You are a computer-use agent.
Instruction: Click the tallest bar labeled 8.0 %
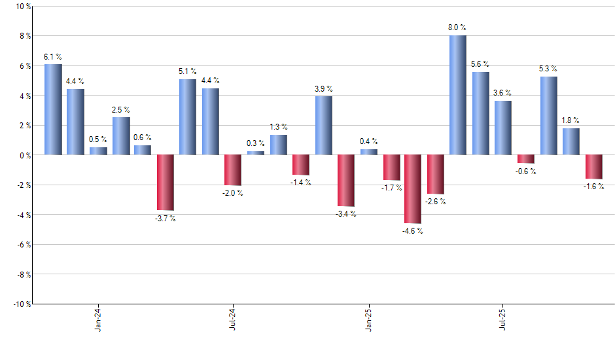point(458,95)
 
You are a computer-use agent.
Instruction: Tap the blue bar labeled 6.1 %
point(53,109)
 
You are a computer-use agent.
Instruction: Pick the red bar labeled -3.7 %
point(165,182)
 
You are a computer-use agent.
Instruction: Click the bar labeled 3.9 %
point(323,126)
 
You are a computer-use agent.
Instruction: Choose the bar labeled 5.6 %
point(480,113)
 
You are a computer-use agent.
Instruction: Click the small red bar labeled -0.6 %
point(525,159)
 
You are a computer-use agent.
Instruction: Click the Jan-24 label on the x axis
point(98,319)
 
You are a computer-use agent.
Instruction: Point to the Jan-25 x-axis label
point(368,319)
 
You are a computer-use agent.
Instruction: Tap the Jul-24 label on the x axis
point(233,319)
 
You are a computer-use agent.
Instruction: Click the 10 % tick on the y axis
point(22,7)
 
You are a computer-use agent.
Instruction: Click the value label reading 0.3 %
point(256,143)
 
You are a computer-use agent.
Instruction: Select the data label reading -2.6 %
point(435,202)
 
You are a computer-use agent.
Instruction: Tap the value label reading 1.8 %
point(571,120)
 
